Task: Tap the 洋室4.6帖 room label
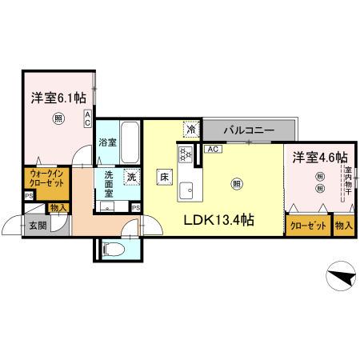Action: click(318, 157)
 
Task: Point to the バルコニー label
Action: click(250, 130)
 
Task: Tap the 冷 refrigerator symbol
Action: click(192, 129)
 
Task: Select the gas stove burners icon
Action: click(186, 154)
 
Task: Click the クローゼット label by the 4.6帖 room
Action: click(307, 226)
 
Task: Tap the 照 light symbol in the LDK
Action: click(238, 183)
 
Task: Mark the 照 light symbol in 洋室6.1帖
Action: click(58, 120)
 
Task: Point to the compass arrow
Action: click(340, 278)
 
